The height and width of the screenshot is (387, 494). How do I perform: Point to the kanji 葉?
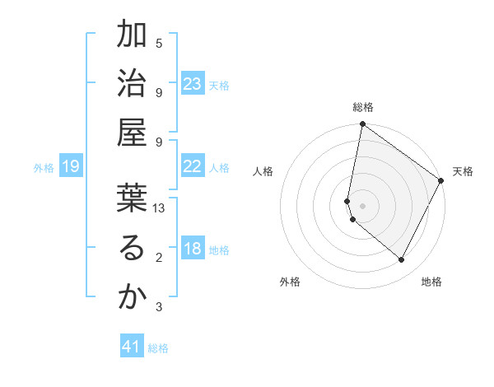click(132, 198)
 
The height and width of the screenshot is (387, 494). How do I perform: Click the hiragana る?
click(132, 248)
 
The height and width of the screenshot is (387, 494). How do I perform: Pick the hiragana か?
click(132, 297)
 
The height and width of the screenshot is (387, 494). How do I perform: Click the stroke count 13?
click(159, 208)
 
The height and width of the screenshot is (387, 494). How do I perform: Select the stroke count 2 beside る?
click(159, 258)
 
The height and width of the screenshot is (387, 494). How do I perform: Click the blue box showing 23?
click(193, 84)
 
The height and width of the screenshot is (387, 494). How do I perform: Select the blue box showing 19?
click(70, 167)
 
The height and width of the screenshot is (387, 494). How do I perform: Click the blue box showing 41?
click(132, 347)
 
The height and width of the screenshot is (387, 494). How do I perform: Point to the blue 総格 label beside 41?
click(158, 348)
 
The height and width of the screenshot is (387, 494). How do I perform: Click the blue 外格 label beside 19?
click(44, 168)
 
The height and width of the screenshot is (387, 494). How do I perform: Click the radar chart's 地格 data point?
click(402, 259)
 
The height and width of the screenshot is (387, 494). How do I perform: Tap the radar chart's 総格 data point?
click(362, 124)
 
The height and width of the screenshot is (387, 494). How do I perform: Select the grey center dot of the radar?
click(362, 205)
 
